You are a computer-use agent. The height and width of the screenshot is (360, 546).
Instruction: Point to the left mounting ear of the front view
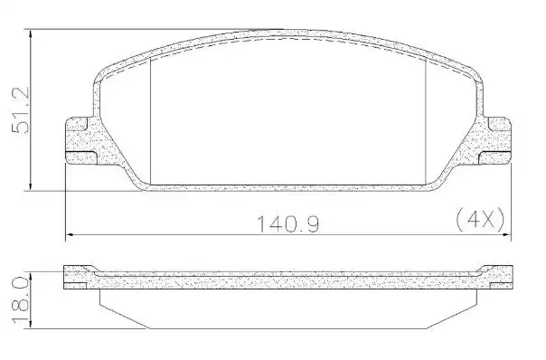click(x=83, y=141)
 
